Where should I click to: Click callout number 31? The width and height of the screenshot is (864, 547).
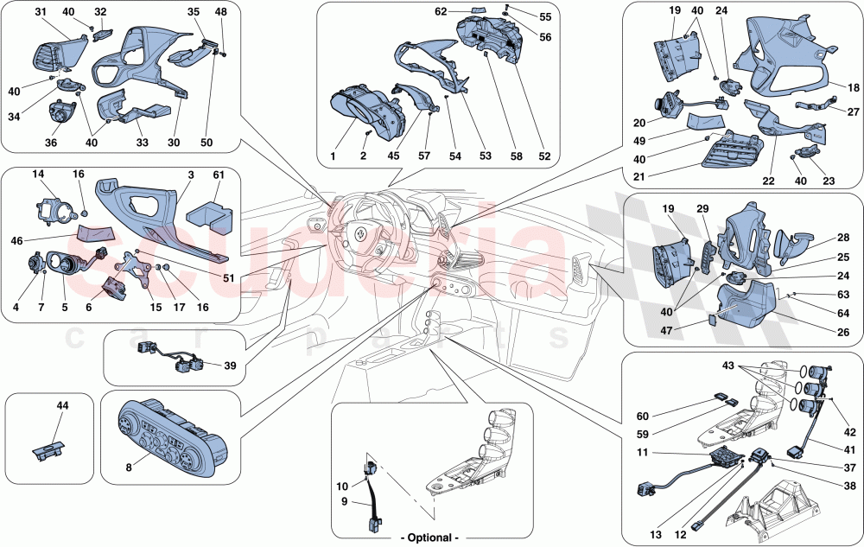point(41,12)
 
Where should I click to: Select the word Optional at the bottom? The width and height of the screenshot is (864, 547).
point(432,537)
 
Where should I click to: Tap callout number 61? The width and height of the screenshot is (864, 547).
point(219,175)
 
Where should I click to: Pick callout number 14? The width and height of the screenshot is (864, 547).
point(39,175)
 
